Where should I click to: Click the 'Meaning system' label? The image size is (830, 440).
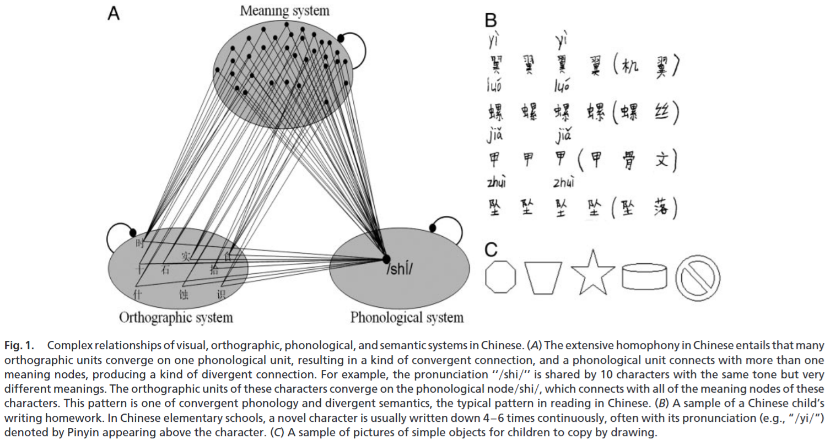(284, 10)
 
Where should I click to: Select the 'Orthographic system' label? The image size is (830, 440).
(176, 318)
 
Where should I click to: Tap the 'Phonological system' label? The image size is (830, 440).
(407, 318)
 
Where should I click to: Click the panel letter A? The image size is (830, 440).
(114, 13)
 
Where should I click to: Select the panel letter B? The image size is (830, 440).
(491, 20)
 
